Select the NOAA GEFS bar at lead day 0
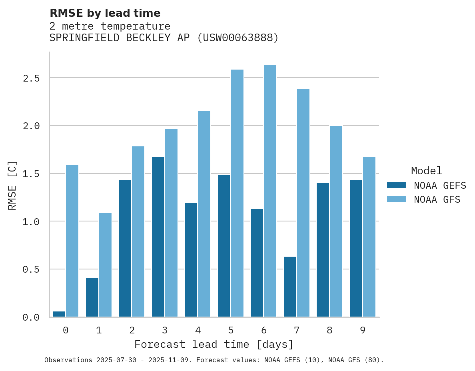59,314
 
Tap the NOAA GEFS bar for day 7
290,287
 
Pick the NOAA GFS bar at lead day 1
105,265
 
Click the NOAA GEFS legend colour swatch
396,185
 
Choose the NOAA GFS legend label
437,199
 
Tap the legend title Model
426,171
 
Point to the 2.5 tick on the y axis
31,78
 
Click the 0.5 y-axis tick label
31,269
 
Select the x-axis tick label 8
329,330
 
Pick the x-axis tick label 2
132,330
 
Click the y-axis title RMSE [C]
13,185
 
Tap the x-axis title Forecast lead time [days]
214,344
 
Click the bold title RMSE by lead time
105,13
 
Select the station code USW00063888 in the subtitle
237,38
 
